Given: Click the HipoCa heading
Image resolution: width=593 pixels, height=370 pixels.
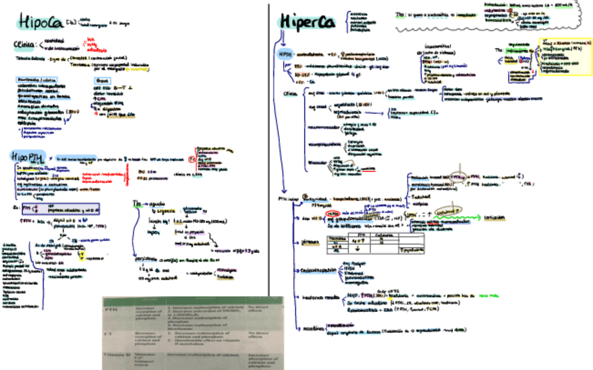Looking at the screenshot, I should [x=41, y=22].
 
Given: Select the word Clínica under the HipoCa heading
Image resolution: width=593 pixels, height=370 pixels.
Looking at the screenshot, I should [x=26, y=46].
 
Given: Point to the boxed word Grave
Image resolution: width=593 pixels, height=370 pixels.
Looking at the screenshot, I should [x=101, y=80].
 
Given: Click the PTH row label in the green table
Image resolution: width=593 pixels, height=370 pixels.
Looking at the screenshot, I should [x=111, y=309].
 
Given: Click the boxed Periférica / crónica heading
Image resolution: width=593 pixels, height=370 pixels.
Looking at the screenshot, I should [x=33, y=80].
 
